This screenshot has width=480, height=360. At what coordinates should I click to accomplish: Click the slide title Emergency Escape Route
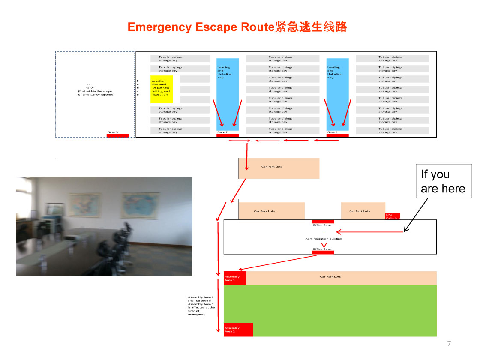(x=237, y=27)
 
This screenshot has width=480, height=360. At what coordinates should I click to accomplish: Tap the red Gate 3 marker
(x=117, y=135)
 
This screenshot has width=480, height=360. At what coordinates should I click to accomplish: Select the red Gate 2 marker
(x=227, y=135)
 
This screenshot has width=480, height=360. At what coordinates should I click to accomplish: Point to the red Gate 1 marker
(x=337, y=135)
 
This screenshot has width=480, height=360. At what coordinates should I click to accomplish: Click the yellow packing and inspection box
(x=161, y=89)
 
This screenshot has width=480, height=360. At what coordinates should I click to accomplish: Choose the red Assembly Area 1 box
(x=234, y=278)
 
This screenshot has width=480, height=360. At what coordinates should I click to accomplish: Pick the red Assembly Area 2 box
(x=238, y=330)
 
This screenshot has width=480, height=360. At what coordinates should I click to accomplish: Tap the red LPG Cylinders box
(x=393, y=216)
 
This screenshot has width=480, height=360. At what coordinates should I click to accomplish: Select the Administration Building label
(x=324, y=239)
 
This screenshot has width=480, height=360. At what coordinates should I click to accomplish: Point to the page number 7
(x=449, y=343)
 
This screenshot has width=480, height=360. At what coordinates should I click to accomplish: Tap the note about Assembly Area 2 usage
(x=201, y=306)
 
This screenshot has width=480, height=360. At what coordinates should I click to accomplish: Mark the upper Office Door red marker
(x=322, y=222)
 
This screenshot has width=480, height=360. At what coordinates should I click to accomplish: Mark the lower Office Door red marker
(x=322, y=252)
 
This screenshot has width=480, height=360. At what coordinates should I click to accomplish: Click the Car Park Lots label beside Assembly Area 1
(x=330, y=277)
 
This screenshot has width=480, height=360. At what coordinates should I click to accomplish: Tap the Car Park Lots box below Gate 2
(x=279, y=168)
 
